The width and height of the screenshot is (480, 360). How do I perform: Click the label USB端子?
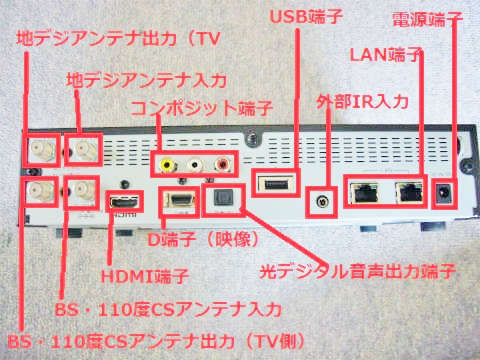(x=306, y=16)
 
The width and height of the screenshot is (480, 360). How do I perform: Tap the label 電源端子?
(x=427, y=20)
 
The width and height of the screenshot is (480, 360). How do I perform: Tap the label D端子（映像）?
(x=205, y=241)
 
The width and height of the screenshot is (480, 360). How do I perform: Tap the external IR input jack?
(x=322, y=198)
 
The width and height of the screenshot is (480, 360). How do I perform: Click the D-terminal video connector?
(x=177, y=201)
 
